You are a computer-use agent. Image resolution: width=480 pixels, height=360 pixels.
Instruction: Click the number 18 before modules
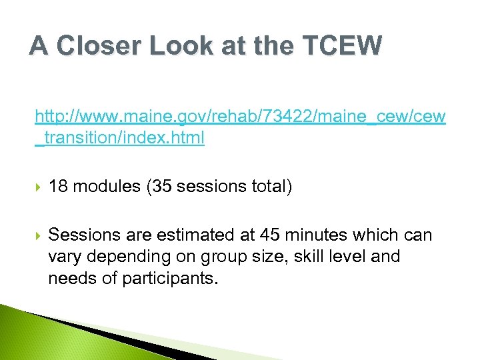point(58,187)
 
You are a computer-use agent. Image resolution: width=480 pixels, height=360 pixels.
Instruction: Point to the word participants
point(169,278)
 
